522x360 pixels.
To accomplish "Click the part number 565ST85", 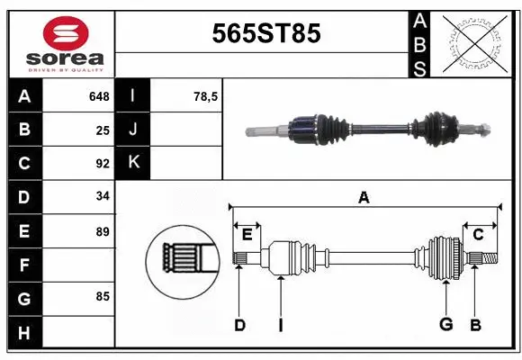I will pos(265,34).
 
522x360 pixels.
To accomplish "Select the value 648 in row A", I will pos(98,96).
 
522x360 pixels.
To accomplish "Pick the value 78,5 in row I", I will pos(206,96).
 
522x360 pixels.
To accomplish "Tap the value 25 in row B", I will pos(102,130).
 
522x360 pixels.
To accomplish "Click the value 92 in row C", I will pos(102,164).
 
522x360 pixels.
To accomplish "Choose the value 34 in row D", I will pos(102,197).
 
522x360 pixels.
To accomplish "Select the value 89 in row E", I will pos(102,231).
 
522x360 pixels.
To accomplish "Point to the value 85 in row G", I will pos(102,296).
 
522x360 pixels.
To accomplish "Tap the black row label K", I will pos(133,163).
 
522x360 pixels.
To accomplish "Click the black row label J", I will pos(133,130).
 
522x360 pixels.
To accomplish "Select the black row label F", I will pos(24,265).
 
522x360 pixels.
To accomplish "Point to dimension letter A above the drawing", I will pos(364,197).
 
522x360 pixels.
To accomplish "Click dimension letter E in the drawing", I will pos(247,235).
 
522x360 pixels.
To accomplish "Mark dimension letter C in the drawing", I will pos(478,235).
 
